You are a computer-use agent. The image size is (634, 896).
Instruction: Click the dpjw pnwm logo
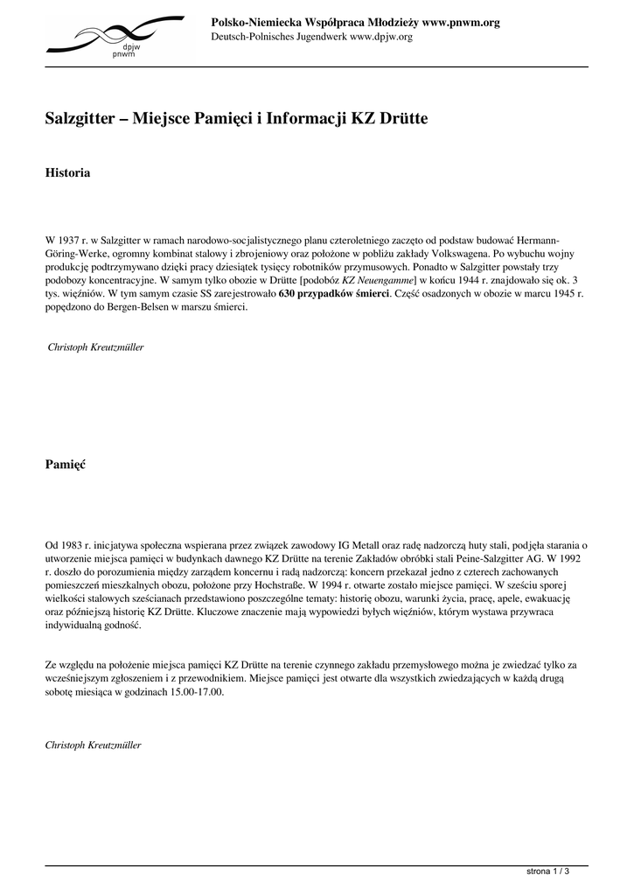click(114, 37)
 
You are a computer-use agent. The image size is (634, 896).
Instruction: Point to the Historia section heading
click(67, 173)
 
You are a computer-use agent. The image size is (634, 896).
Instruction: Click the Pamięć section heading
click(66, 465)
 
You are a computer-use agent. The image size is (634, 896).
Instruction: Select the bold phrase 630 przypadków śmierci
click(334, 294)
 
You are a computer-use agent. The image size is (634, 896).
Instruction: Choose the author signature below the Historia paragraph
click(95, 347)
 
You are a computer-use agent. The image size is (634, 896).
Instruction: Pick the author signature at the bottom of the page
click(93, 745)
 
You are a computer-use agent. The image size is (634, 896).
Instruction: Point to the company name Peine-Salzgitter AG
click(496, 558)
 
